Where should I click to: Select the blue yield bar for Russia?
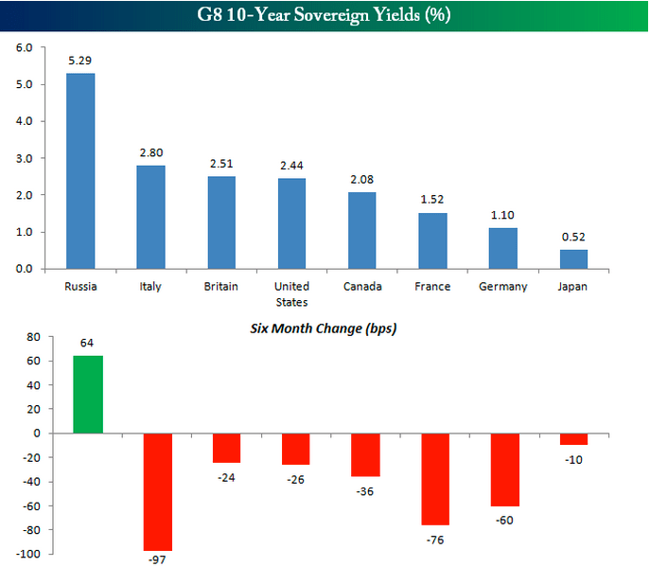coord(79,171)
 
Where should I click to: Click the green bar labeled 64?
coord(88,394)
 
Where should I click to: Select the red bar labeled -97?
coord(157,491)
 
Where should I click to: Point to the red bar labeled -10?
coord(573,438)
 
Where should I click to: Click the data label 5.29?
coord(79,61)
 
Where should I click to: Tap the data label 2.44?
coord(292,166)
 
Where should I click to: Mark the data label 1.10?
coord(502,215)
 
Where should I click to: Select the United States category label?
coord(291,294)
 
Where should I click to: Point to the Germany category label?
coord(502,287)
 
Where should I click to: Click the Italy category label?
coord(150,287)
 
